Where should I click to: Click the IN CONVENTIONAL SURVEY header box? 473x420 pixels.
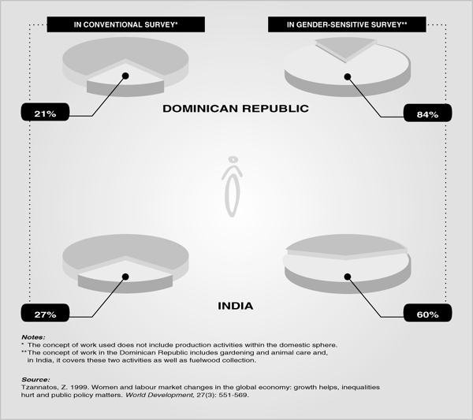[126, 24]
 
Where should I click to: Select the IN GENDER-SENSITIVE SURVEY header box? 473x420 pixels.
[347, 24]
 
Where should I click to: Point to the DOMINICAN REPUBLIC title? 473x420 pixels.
[236, 109]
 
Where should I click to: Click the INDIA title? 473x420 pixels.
[235, 306]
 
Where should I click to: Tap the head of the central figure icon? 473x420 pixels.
[233, 159]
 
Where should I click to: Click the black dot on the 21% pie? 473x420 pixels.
[125, 76]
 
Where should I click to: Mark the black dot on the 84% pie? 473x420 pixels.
[348, 77]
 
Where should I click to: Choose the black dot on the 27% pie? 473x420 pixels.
[125, 277]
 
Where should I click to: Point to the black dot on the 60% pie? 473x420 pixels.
[348, 277]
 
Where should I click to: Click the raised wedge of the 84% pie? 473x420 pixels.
[346, 47]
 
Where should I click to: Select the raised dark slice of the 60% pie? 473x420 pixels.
[347, 247]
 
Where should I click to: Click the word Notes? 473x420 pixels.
[33, 337]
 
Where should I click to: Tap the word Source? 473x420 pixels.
[35, 380]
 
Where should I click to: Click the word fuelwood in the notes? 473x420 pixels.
[205, 360]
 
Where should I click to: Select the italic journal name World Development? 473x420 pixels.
[159, 395]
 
